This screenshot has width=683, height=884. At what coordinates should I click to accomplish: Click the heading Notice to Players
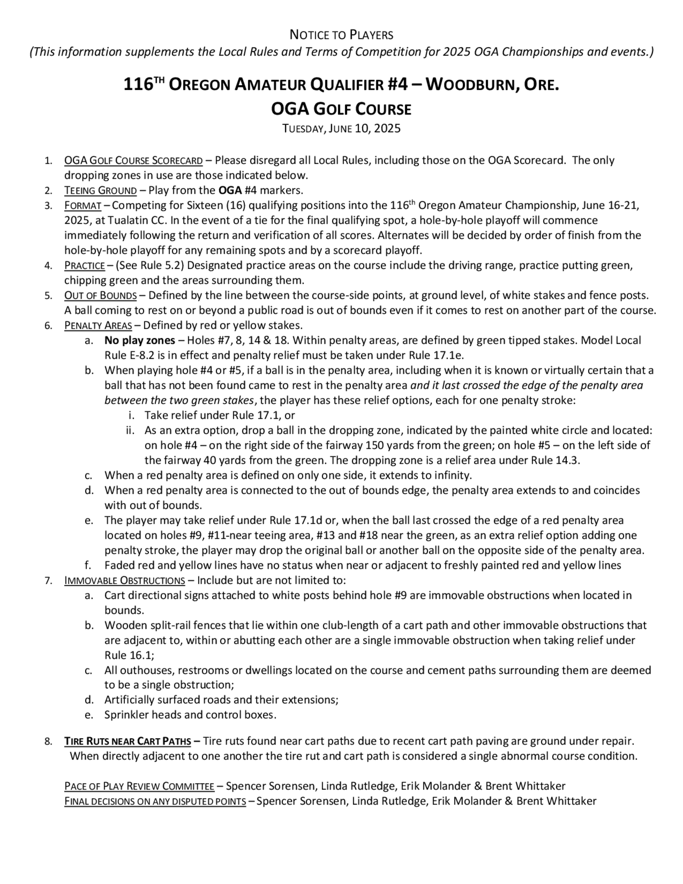click(x=341, y=35)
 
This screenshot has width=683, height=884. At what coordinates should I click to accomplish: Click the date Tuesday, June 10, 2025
click(x=341, y=128)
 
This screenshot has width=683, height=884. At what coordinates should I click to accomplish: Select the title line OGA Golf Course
click(x=341, y=109)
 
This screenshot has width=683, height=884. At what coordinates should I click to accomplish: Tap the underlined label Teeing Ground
click(x=100, y=190)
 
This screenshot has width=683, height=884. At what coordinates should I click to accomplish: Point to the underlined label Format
click(x=83, y=206)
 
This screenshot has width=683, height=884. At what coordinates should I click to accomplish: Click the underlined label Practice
click(x=85, y=265)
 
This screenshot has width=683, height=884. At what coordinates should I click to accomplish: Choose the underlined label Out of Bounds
click(x=100, y=295)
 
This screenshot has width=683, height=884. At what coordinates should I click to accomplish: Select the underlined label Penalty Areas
click(x=98, y=326)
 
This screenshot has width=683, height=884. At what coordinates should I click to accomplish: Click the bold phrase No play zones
click(x=140, y=341)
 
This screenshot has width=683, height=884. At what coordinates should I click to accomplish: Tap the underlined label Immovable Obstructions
click(x=125, y=580)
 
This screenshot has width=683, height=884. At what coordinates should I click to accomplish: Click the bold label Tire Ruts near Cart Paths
click(x=127, y=741)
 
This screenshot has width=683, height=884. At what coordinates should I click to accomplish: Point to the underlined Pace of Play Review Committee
click(x=139, y=786)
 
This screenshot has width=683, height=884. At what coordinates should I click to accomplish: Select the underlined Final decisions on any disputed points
click(x=155, y=801)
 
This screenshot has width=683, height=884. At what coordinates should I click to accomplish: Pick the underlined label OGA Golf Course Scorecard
click(x=133, y=161)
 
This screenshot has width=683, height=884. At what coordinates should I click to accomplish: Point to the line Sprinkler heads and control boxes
click(x=190, y=715)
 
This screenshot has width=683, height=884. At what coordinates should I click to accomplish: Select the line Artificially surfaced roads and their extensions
click(x=221, y=700)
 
